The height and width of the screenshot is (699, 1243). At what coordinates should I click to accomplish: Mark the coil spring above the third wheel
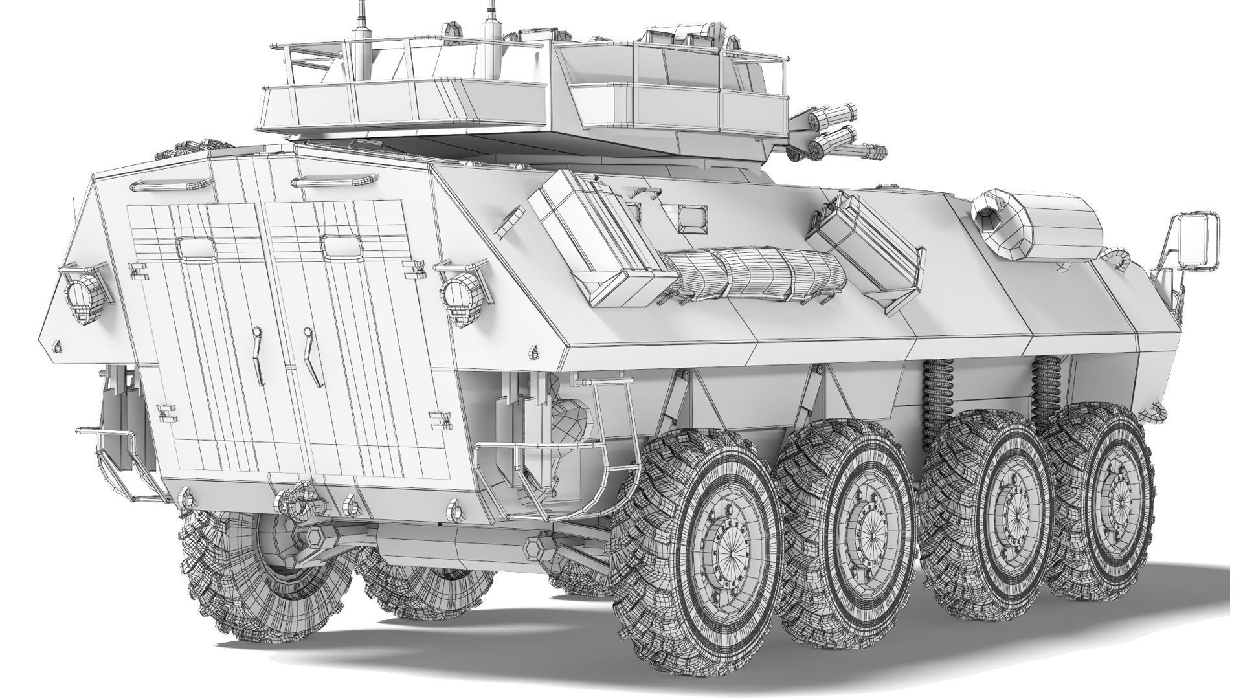[934, 397]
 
